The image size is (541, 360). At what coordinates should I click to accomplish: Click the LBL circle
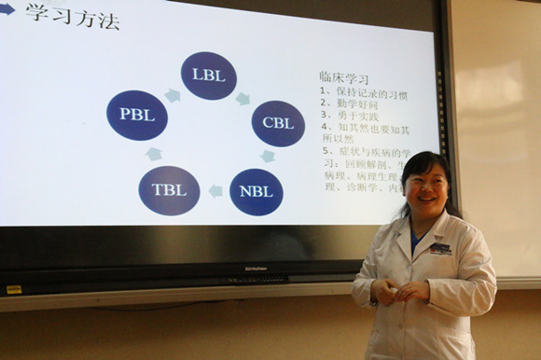(208, 76)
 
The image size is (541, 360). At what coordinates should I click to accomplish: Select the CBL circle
(278, 123)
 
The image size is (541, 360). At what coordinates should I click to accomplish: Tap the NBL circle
(256, 191)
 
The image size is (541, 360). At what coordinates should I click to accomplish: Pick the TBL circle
(169, 190)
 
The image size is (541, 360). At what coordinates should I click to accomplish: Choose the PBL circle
(137, 115)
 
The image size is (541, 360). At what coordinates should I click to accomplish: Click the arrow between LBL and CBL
(243, 97)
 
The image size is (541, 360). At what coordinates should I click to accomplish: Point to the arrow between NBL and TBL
(215, 191)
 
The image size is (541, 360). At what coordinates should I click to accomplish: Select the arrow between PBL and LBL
(173, 94)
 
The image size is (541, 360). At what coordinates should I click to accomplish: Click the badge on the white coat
(440, 249)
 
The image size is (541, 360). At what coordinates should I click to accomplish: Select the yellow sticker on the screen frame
(14, 289)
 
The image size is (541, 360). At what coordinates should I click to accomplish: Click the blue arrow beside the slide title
(7, 10)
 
